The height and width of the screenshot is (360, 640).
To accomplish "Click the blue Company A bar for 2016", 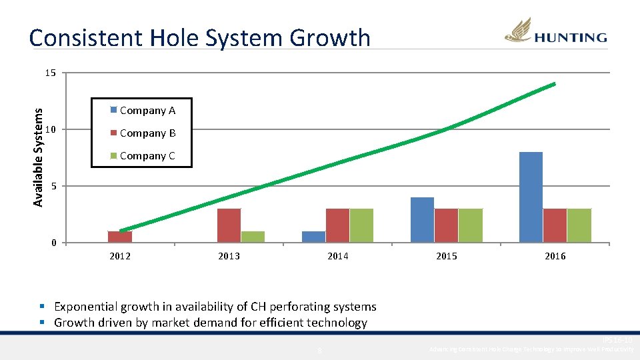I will (531, 197).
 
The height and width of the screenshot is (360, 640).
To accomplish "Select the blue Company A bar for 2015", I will (422, 220).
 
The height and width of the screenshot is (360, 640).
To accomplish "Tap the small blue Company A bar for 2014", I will (313, 237).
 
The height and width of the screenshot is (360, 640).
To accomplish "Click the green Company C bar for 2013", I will (253, 237).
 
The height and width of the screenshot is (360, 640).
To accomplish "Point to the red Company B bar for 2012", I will (120, 237).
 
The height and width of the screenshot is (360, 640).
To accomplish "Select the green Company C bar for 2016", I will (579, 225).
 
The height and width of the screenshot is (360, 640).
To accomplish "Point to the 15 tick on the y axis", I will (51, 73).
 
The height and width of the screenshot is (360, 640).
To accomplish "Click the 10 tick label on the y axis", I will (51, 129).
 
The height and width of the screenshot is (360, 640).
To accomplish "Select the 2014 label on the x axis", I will (337, 256).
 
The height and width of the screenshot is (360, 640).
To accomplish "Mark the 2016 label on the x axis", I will (555, 256).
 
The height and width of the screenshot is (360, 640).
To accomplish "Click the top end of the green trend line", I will (553, 84).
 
